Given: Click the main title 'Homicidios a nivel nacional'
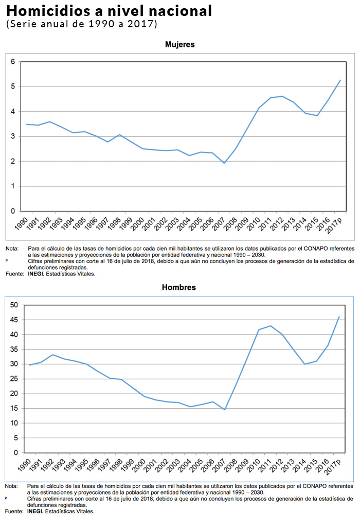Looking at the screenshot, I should pos(109,11).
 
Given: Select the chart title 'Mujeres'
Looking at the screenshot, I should pos(179,45).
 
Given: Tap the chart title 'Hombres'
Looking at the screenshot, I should pos(179,287).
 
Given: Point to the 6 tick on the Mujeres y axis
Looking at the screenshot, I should pos(13,62).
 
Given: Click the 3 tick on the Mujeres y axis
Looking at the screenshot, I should pos(13,136).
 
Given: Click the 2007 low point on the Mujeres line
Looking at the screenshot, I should pos(224,163).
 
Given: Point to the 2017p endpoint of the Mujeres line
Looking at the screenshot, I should pos(340,80).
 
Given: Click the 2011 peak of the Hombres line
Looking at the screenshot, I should pos(271,326).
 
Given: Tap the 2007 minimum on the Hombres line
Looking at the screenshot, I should pos(224,410).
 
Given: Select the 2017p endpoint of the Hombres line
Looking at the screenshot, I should pos(339,317).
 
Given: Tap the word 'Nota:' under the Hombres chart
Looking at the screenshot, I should pos(11,486).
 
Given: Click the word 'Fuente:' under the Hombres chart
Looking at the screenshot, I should pos(14,512).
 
